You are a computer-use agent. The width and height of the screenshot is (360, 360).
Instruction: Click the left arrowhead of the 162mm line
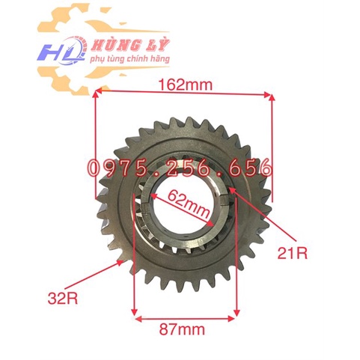[98, 94]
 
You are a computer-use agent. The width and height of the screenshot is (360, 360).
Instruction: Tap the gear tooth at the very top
[184, 120]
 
